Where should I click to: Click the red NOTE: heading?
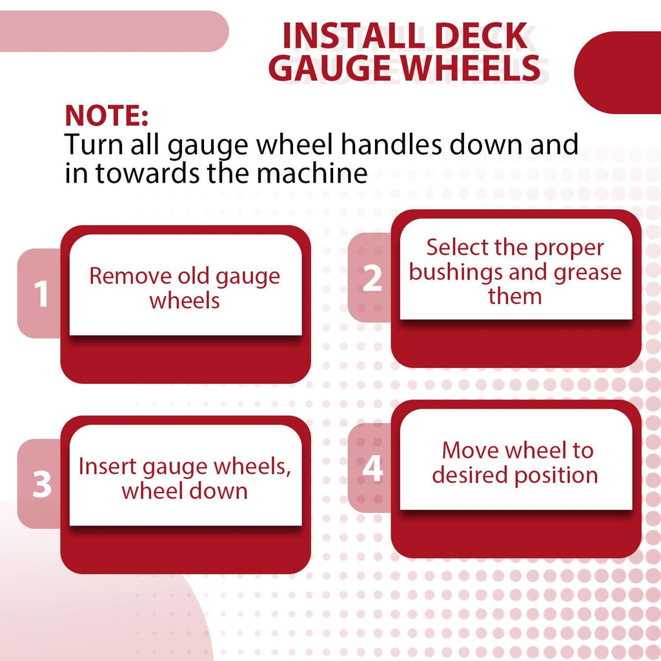(107, 115)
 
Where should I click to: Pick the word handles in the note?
(391, 144)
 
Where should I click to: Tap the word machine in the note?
(312, 173)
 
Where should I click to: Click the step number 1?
(41, 294)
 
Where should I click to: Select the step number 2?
(372, 278)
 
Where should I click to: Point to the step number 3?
(42, 484)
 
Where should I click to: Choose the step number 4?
(372, 469)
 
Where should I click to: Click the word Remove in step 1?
(130, 276)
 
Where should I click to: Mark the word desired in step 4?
(470, 474)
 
